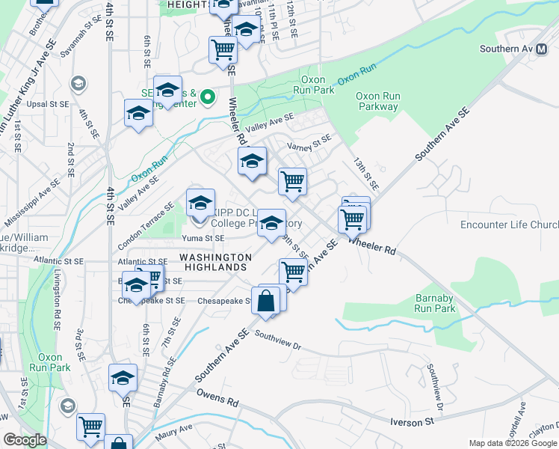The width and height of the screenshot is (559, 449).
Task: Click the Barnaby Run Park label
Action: point(435,303)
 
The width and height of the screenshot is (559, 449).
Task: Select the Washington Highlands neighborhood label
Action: point(215,257)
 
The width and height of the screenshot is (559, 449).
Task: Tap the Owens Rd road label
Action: point(217,397)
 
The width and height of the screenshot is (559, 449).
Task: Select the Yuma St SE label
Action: point(203,238)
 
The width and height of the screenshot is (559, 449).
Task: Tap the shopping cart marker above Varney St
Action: point(223,51)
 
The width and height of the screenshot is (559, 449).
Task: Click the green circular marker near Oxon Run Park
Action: point(209,97)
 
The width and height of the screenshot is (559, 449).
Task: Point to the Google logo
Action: point(25,440)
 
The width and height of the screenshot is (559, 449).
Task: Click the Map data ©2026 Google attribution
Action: point(513,442)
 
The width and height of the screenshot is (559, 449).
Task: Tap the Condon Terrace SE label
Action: point(146,216)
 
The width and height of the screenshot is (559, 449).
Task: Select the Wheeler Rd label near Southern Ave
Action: point(372,244)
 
